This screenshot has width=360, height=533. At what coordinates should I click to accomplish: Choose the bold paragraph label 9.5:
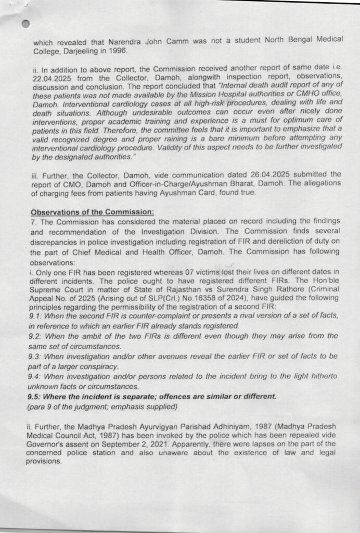(x=38, y=396)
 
